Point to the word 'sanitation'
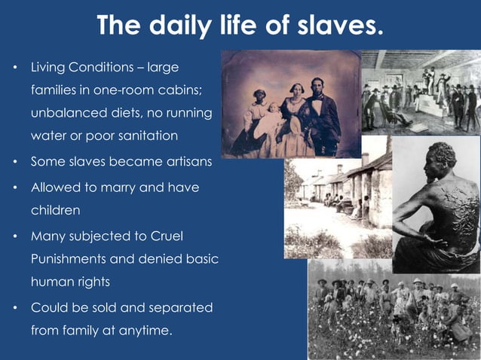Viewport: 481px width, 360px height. coord(141,136)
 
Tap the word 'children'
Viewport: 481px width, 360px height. coord(55,210)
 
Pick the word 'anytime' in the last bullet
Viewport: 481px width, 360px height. coord(142,330)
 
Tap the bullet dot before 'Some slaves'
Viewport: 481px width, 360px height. coord(14,162)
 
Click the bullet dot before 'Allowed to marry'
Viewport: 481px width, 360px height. coord(14,188)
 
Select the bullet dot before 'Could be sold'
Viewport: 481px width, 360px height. coord(14,308)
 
